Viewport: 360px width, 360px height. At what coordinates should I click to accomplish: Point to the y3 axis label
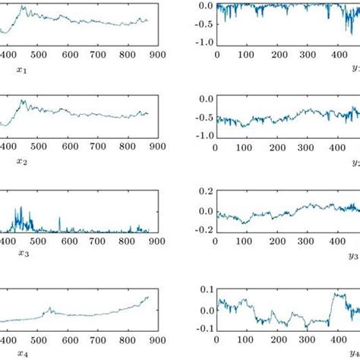coord(353,256)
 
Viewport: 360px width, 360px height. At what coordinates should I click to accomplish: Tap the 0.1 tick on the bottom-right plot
coord(204,290)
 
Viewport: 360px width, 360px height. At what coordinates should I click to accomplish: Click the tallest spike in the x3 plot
coord(21,207)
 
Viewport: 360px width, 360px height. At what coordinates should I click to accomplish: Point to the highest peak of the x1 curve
coord(23,7)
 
